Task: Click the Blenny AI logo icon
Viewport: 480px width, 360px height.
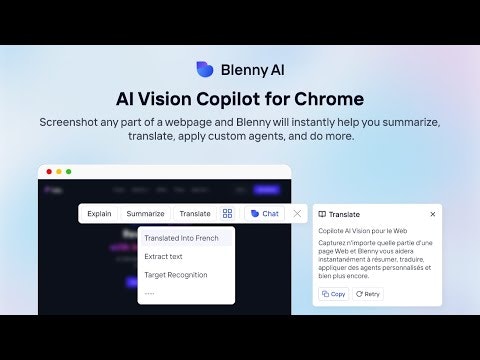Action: [x=205, y=70]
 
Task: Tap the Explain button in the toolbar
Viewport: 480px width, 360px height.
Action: [x=99, y=213]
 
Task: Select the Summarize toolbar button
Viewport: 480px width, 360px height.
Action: [x=145, y=213]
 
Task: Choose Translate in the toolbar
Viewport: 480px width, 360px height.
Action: [x=195, y=213]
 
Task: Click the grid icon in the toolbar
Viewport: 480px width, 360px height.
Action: [x=228, y=213]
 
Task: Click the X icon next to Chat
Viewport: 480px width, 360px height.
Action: [x=297, y=213]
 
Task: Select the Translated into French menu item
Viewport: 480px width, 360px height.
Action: [x=181, y=238]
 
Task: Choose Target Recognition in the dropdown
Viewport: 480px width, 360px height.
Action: [x=176, y=274]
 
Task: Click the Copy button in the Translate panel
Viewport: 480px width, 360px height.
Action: [x=333, y=294]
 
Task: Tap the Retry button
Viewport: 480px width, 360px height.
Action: [x=368, y=294]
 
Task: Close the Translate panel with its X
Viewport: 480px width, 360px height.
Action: [x=433, y=214]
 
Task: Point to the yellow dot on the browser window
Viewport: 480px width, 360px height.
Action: [x=58, y=172]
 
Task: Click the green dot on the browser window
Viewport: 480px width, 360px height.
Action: [x=69, y=172]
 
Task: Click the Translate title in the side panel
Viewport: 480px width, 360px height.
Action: [x=343, y=214]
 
